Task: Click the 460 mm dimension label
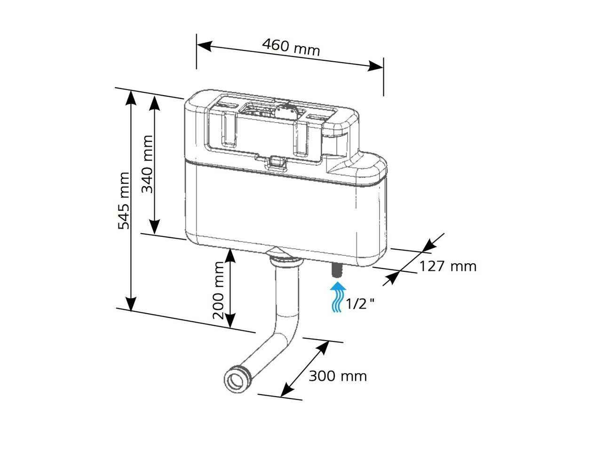pyautogui.click(x=291, y=47)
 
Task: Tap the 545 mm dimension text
pyautogui.click(x=124, y=200)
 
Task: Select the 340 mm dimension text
pyautogui.click(x=148, y=164)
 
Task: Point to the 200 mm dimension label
pyautogui.click(x=219, y=290)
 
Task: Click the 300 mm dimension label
pyautogui.click(x=337, y=376)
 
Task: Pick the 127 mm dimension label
pyautogui.click(x=447, y=267)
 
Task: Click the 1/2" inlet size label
pyautogui.click(x=360, y=304)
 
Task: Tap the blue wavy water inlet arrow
pyautogui.click(x=337, y=297)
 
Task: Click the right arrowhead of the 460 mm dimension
pyautogui.click(x=376, y=65)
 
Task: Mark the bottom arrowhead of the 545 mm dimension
pyautogui.click(x=131, y=304)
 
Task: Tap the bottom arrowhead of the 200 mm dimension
pyautogui.click(x=230, y=321)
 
